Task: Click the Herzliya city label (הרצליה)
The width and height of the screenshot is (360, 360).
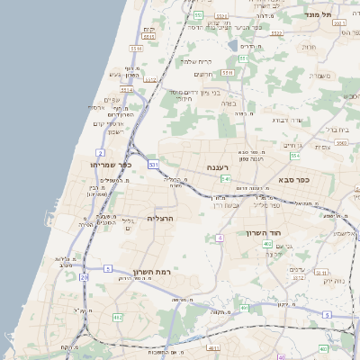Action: tap(158, 219)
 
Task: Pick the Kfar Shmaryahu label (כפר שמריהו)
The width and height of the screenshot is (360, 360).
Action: tap(111, 165)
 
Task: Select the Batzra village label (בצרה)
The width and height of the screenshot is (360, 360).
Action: tap(228, 103)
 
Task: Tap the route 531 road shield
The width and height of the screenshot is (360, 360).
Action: tap(154, 165)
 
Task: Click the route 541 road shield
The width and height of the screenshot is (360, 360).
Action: tap(226, 179)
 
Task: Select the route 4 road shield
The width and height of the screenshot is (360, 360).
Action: tap(220, 238)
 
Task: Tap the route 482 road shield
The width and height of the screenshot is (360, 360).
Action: tap(117, 317)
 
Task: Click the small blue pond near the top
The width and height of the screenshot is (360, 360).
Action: tap(233, 45)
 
